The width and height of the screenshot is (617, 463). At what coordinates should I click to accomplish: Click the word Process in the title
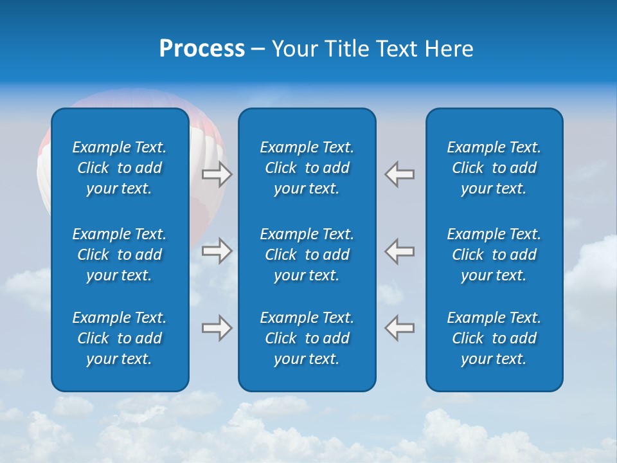point(202,49)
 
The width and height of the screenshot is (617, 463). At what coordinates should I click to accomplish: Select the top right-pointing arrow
point(217,174)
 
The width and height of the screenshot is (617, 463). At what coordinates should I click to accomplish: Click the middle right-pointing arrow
point(217,250)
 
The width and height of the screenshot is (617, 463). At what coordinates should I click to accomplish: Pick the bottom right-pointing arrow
point(217,327)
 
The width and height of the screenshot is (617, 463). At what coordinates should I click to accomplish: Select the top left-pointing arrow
point(400,174)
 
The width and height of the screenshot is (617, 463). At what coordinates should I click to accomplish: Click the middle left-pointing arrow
point(400,250)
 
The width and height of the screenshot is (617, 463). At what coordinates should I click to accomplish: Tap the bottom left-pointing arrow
point(400,327)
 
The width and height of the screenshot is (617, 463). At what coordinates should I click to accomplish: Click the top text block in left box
point(120,168)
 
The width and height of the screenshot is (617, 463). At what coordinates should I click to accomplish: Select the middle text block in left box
point(120,255)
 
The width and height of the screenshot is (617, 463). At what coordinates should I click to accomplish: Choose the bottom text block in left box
point(120,338)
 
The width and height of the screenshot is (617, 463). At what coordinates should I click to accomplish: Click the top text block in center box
point(307,168)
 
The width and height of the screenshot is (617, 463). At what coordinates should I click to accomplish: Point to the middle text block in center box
point(307,255)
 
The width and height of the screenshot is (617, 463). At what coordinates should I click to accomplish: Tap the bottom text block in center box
point(307,338)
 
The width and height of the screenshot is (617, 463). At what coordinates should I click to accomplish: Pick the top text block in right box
point(494,168)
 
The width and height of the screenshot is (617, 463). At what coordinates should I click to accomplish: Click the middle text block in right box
point(494,255)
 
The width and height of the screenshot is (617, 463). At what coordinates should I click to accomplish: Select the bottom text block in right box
point(494,338)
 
